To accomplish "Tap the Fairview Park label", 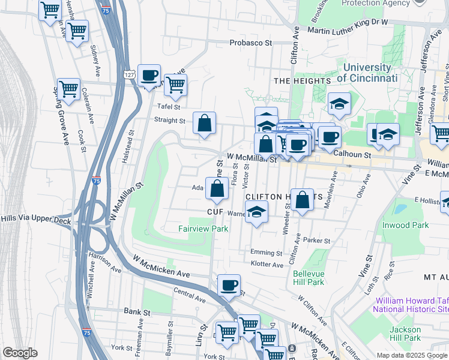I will pyautogui.click(x=203, y=229).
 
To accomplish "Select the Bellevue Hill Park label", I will pyautogui.click(x=309, y=278).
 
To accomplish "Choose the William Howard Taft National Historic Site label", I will pyautogui.click(x=411, y=305).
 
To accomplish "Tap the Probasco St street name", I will pyautogui.click(x=251, y=43).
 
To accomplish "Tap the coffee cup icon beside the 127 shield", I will pyautogui.click(x=149, y=76).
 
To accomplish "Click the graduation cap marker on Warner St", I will pyautogui.click(x=256, y=212).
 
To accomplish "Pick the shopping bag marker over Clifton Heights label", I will pyautogui.click(x=304, y=199).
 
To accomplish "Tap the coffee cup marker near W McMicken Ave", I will pyautogui.click(x=228, y=286).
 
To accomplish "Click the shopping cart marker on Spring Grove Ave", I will pyautogui.click(x=69, y=89).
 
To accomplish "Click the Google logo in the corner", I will pyautogui.click(x=20, y=353).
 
